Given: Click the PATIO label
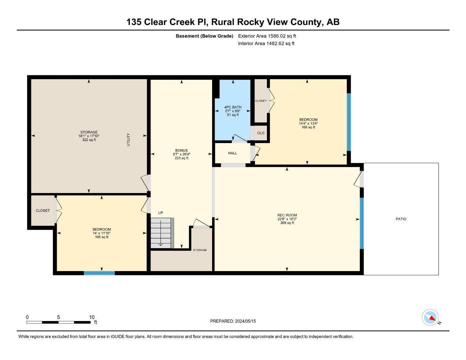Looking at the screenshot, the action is click(401, 219).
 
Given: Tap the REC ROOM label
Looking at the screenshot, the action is click(287, 215).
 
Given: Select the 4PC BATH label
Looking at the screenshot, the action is click(233, 107).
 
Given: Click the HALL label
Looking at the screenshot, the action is click(232, 153).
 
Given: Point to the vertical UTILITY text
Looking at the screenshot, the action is click(128, 140).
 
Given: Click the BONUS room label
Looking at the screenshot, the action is click(181, 150).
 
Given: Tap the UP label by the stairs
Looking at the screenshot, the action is click(161, 213).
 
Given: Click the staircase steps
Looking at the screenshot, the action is click(162, 233).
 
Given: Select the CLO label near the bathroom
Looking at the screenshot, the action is click(261, 133).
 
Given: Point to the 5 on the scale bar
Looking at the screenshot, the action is click(58, 317).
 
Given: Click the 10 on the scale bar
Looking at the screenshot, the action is click(92, 317).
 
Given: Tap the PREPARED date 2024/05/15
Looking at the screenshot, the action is click(245, 321).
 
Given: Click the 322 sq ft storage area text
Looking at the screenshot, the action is click(89, 140).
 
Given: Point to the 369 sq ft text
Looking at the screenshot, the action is click(287, 223).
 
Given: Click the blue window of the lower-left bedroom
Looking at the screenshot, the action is click(99, 273).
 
